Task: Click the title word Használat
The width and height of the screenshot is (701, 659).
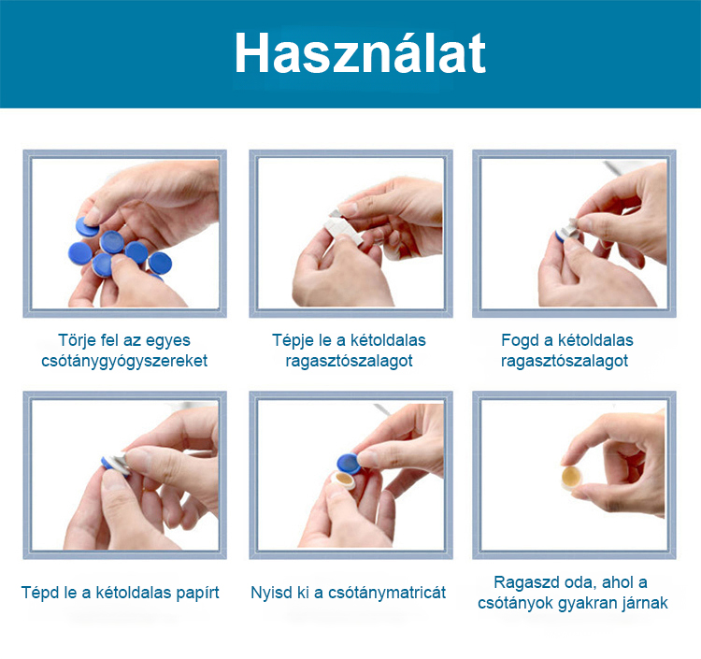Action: point(361,52)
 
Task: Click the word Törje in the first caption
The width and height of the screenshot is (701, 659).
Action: point(77,340)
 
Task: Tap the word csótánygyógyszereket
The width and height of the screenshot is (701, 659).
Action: point(124,361)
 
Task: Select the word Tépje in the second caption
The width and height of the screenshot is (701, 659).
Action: point(293,340)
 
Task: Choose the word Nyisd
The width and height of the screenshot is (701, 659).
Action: point(267,593)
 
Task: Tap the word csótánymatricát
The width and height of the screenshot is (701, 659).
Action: point(387,593)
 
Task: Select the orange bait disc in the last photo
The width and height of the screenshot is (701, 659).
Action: point(572,477)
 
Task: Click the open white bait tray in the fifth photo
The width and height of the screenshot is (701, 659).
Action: point(343,480)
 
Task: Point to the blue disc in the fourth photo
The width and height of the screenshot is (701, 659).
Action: point(109,464)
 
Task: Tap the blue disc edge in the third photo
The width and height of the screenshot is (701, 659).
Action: point(559,236)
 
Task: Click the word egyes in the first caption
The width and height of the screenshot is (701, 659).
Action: point(168,341)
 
